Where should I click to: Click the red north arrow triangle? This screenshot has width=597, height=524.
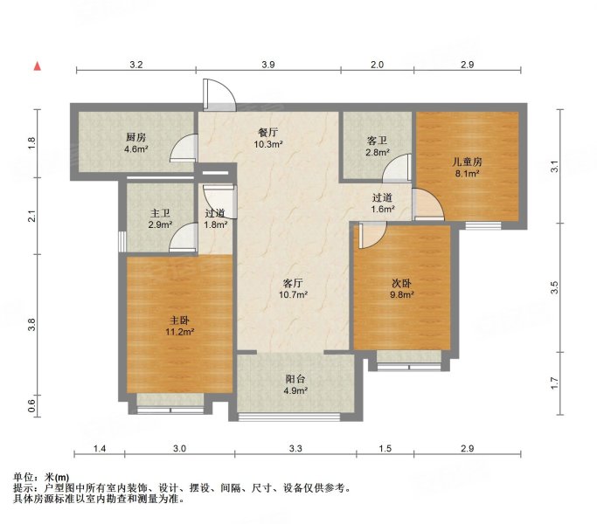(38, 66)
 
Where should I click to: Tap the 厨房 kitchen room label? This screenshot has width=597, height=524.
(136, 137)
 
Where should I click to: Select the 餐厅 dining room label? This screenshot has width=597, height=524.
(268, 133)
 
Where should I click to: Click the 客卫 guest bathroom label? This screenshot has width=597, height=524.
(377, 141)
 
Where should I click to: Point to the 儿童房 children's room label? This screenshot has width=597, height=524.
(467, 162)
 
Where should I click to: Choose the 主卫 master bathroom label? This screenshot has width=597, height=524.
(160, 213)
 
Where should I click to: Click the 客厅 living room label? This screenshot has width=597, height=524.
(293, 283)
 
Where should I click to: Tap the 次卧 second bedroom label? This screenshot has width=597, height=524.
(402, 283)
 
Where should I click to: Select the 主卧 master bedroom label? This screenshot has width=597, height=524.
(179, 321)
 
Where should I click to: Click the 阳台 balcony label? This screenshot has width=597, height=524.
(295, 379)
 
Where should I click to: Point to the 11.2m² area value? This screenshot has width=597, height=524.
(180, 332)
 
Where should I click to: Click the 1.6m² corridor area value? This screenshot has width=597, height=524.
(383, 209)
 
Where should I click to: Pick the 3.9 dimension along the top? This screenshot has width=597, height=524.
(268, 65)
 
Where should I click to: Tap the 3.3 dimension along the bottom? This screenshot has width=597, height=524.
(295, 448)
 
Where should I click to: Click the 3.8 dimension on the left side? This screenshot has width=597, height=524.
(32, 324)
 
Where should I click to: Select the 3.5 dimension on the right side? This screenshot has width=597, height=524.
(554, 287)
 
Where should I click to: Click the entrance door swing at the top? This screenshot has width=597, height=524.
(219, 94)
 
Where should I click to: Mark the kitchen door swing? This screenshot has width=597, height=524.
(184, 148)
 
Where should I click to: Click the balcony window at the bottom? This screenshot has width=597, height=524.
(289, 417)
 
